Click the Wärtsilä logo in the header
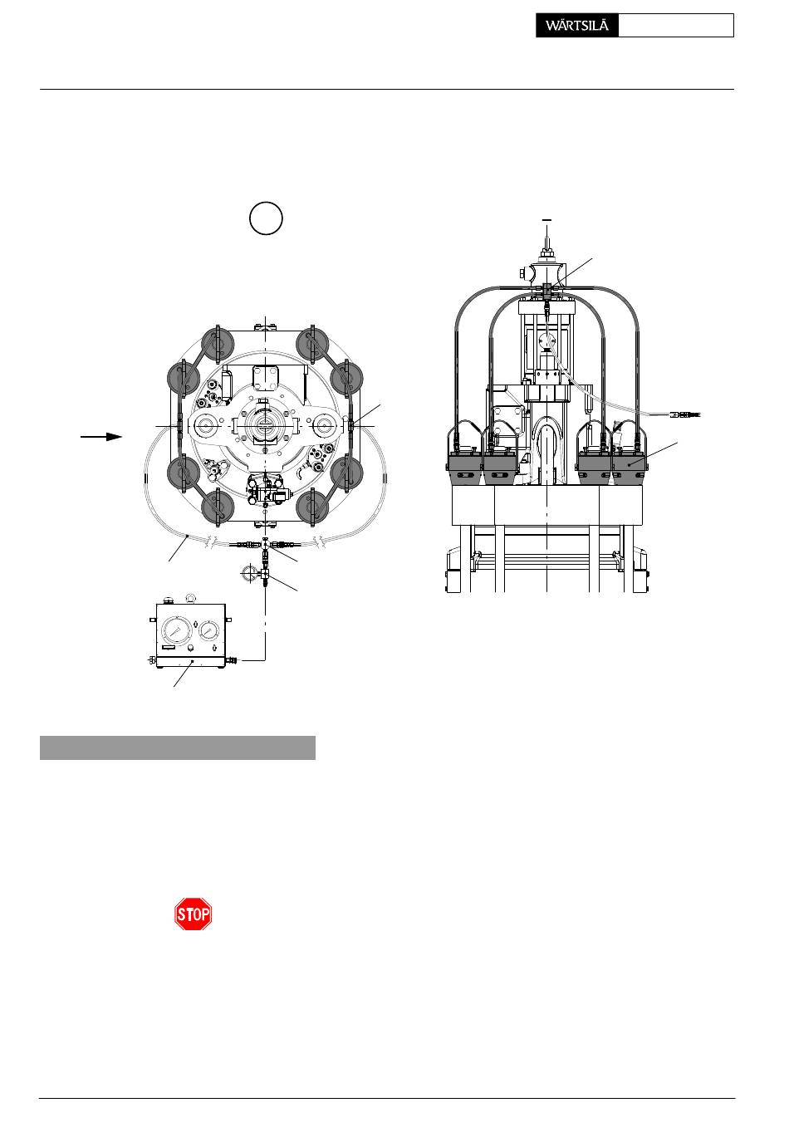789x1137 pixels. pos(576,26)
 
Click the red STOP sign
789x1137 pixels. pos(193,914)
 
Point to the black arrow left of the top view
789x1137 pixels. pos(101,437)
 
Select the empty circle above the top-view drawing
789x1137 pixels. pos(266,218)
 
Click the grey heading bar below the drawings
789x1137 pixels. pos(178,747)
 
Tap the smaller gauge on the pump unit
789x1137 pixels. pos(208,630)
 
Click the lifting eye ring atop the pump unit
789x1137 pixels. pos(191,598)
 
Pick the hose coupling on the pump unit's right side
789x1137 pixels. pos(233,660)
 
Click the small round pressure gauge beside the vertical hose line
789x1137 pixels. pos(249,574)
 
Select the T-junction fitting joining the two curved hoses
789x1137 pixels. pos(265,545)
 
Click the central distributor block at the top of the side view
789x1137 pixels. pos(546,291)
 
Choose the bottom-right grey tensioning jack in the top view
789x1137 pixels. pos(312,507)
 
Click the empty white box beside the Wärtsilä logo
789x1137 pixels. pos(676,26)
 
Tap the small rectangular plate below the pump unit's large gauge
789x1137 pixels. pos(169,648)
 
